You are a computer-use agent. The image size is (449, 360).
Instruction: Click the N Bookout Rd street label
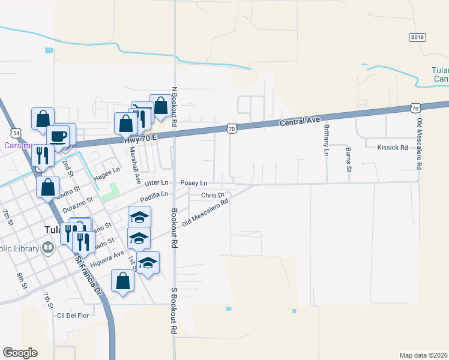tap(173, 106)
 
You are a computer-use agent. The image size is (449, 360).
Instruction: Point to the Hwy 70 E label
tap(140, 138)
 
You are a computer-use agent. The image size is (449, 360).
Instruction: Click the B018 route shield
tap(417, 37)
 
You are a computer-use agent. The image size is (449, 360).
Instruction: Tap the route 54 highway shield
tap(16, 132)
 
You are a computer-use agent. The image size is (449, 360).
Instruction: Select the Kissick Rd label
tap(393, 147)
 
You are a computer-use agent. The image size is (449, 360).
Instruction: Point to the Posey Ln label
tap(194, 182)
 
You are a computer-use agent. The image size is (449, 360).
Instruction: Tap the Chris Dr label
tap(212, 195)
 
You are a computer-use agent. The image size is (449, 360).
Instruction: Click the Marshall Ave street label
tap(131, 165)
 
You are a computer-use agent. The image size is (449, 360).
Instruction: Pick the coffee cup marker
tap(58, 136)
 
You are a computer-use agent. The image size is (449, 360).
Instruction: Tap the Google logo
tap(20, 353)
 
